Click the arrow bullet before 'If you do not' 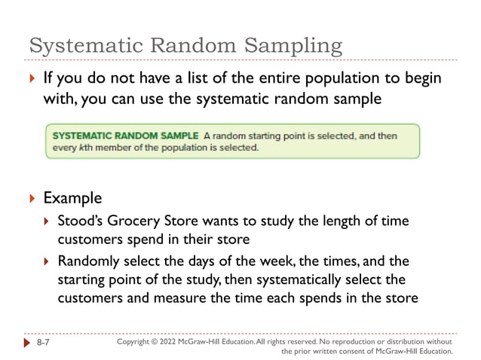tap(31, 79)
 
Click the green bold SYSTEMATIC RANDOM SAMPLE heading tap(125, 136)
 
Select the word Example tap(72, 198)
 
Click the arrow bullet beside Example tap(31, 199)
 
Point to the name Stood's tap(83, 221)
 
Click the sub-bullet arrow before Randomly tap(46, 262)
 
